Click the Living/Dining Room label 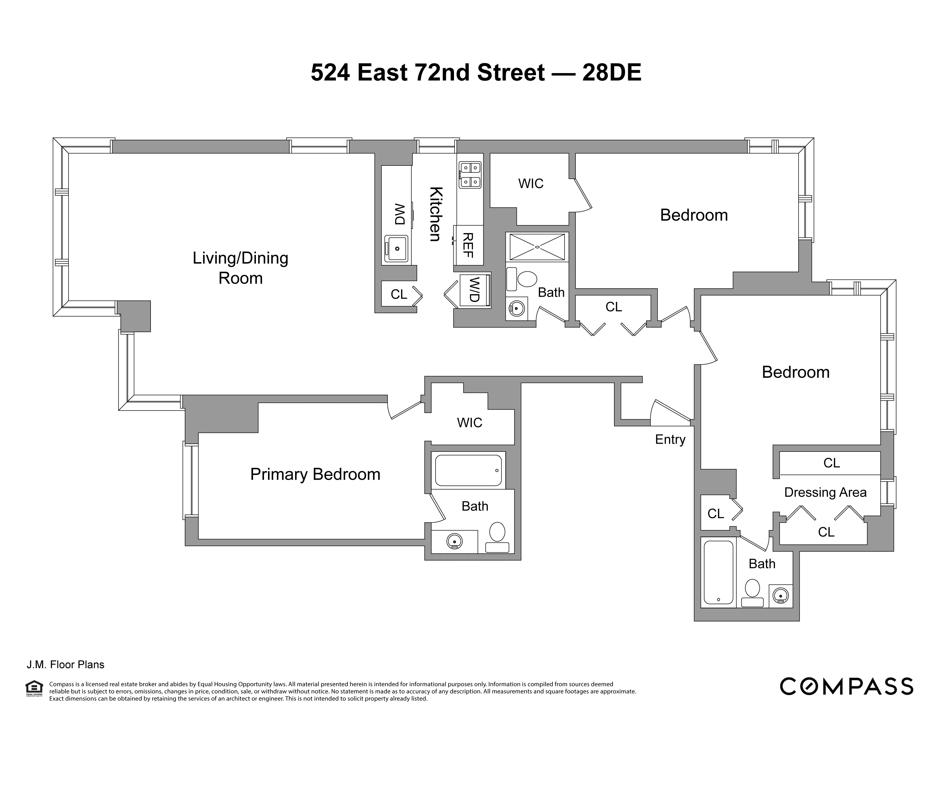(x=240, y=268)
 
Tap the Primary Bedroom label (x=315, y=474)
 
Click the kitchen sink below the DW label (x=397, y=248)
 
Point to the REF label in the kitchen (x=468, y=245)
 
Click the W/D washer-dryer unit (x=475, y=290)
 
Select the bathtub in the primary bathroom (x=468, y=470)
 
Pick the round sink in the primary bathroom (x=454, y=541)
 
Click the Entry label (x=670, y=439)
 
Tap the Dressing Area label (x=825, y=492)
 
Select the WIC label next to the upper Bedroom (x=531, y=184)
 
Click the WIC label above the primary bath (x=469, y=423)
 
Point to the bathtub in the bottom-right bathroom (x=718, y=572)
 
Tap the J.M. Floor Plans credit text (x=65, y=665)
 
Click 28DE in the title (x=612, y=73)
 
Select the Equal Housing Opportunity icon (x=34, y=688)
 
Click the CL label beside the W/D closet (x=399, y=295)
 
